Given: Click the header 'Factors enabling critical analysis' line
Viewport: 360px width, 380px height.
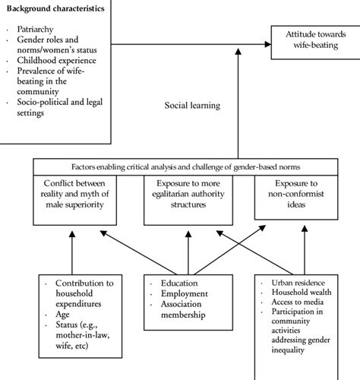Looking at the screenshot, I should click(x=186, y=166).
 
